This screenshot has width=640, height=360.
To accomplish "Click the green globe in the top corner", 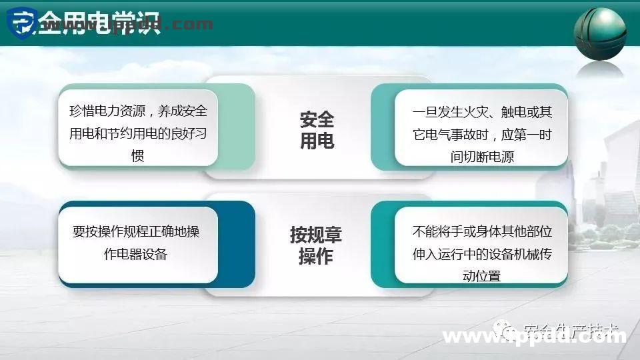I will click(x=600, y=33).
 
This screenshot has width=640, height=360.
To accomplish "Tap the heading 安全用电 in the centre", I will click(x=317, y=131).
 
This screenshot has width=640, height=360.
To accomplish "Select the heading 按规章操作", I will click(x=317, y=245).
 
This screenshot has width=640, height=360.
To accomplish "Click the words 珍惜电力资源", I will click(x=103, y=111).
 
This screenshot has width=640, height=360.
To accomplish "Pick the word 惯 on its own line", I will click(x=138, y=156).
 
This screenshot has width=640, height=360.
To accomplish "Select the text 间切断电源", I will click(x=482, y=157).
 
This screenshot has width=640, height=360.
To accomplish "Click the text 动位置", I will click(x=482, y=276).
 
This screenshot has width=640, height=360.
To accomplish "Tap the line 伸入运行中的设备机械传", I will click(x=482, y=254).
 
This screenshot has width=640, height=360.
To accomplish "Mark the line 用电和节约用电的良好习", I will click(x=138, y=133).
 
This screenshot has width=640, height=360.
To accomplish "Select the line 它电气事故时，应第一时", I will click(x=482, y=134).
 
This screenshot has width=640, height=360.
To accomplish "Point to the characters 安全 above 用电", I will click(x=317, y=120).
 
